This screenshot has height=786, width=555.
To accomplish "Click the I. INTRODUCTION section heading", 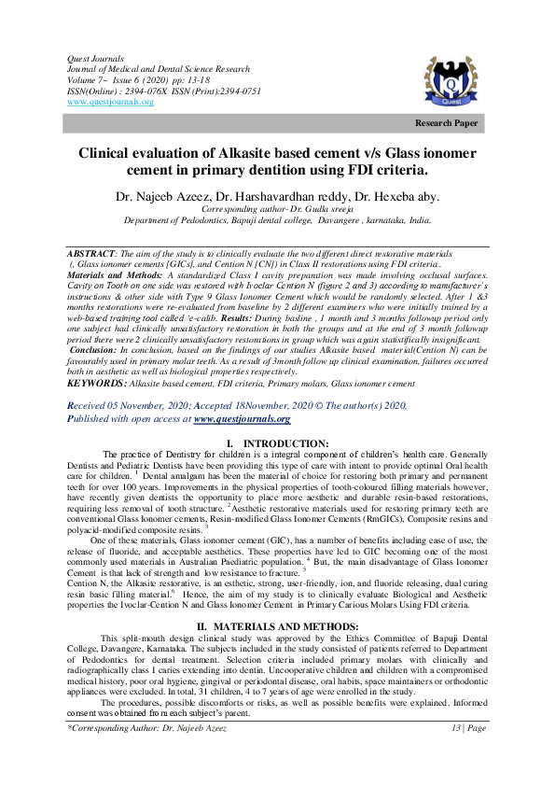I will [x=278, y=442].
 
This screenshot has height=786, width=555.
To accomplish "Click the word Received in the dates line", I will [x=90, y=406].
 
